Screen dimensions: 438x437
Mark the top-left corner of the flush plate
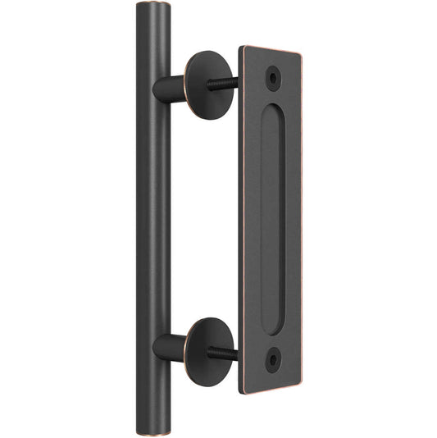tap(240, 47)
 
